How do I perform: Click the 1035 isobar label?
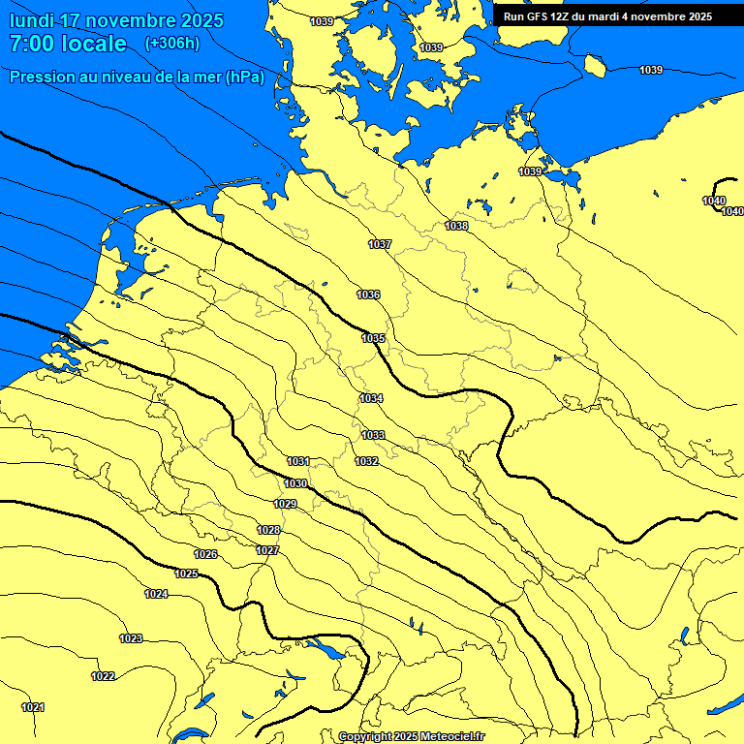click(373, 338)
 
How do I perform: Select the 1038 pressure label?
click(456, 226)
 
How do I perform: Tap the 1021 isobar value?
click(33, 707)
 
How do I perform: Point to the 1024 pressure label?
click(156, 594)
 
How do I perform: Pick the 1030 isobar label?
click(295, 483)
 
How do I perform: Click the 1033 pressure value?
click(373, 435)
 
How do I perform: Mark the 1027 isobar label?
click(267, 550)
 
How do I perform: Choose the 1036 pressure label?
click(368, 294)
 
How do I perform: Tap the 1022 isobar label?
click(103, 676)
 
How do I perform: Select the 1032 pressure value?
click(366, 461)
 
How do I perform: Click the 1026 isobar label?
click(205, 554)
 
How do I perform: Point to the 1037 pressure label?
click(380, 244)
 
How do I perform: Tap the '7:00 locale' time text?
click(68, 45)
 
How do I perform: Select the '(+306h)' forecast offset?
click(172, 44)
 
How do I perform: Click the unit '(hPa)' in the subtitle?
click(244, 77)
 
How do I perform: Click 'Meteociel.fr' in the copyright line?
click(450, 737)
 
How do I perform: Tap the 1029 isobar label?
click(285, 504)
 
